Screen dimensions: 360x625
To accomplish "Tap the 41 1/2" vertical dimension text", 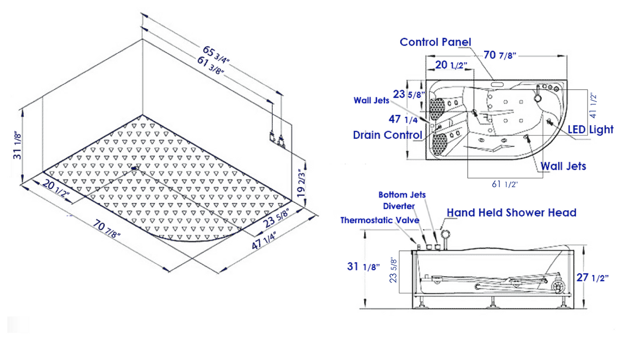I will [x=593, y=104].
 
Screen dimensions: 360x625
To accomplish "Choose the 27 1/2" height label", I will [x=592, y=278].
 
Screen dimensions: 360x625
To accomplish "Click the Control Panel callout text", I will [x=435, y=42].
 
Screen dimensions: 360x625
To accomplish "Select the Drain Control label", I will [x=387, y=135].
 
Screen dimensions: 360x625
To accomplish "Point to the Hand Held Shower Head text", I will [x=511, y=212].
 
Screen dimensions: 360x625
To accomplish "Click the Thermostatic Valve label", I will [x=380, y=220].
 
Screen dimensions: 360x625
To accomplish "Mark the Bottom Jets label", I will [x=402, y=195].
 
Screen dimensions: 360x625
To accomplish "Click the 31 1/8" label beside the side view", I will [x=363, y=266].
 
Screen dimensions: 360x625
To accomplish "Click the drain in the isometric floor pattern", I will [x=135, y=167].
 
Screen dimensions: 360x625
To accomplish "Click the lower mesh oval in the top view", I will [x=439, y=143].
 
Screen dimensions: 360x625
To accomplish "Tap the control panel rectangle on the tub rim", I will [x=497, y=83].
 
